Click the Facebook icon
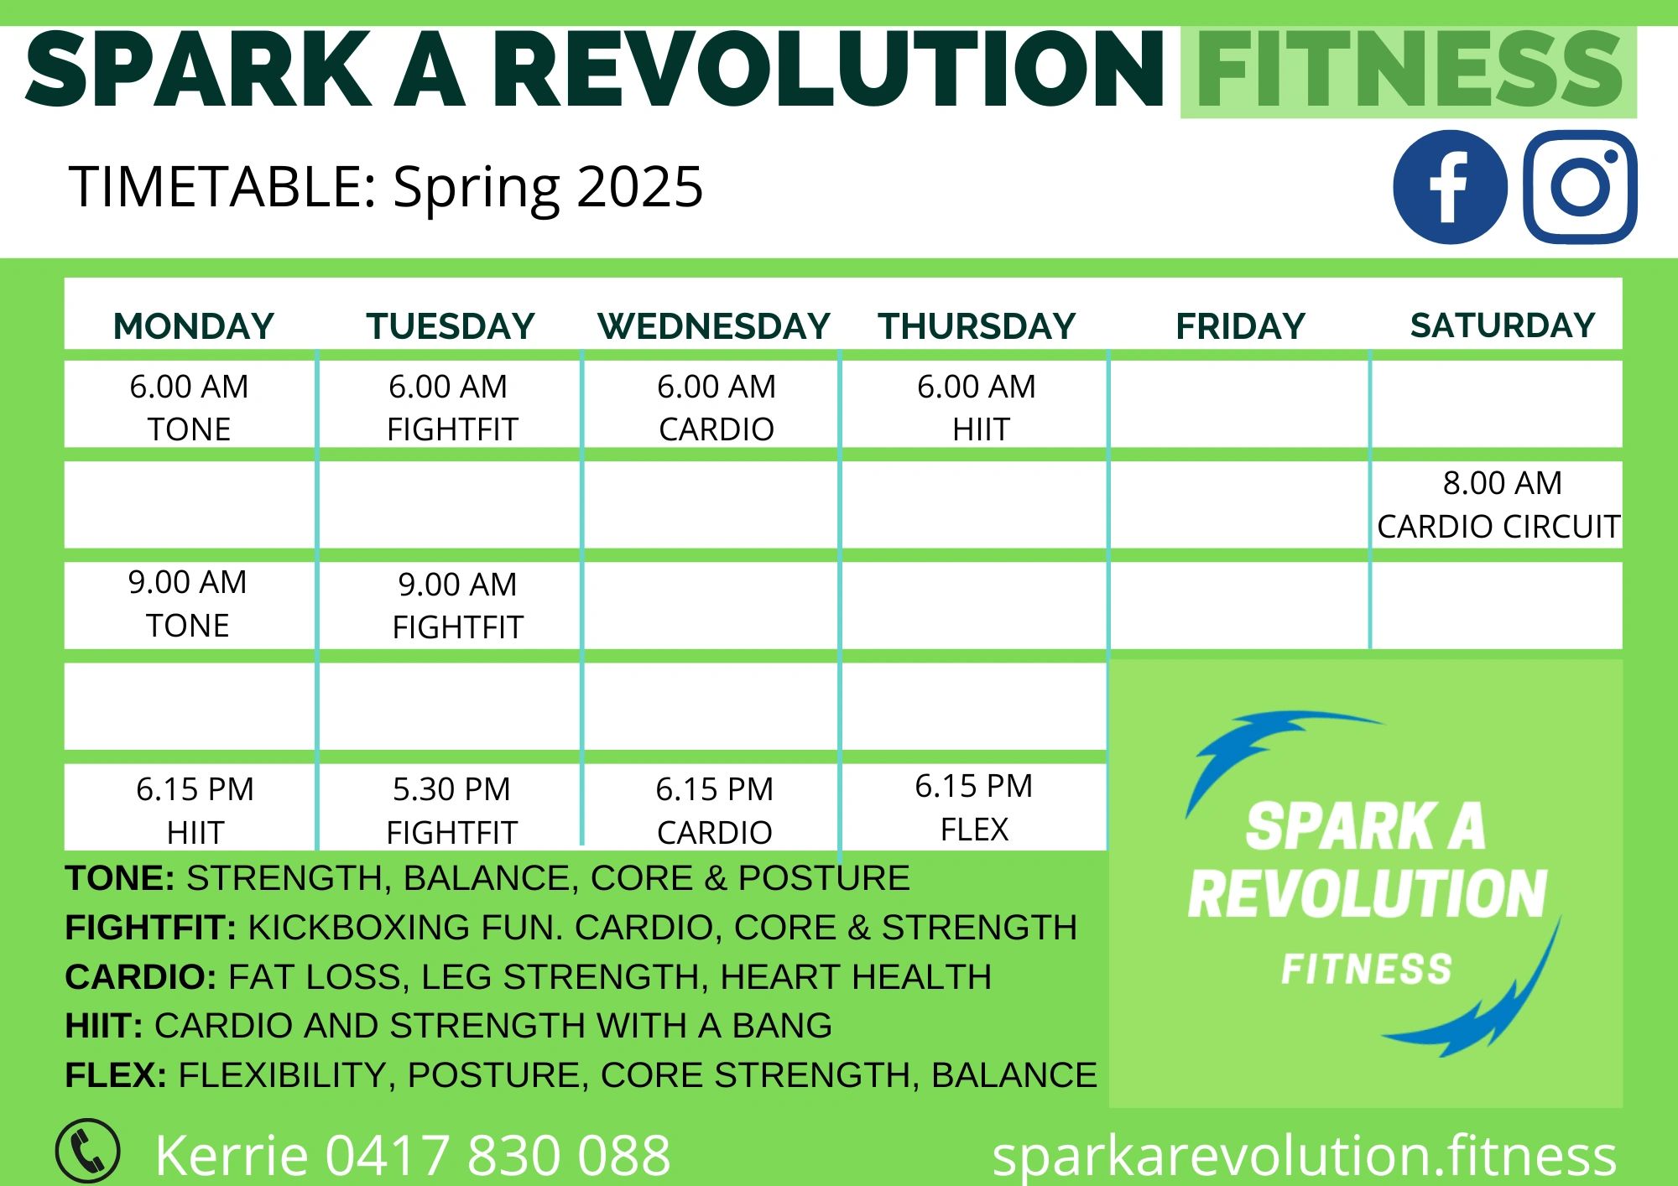click(1450, 187)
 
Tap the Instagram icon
click(1580, 187)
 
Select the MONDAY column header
click(194, 325)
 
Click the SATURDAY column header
click(1503, 325)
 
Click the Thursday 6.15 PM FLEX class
click(974, 808)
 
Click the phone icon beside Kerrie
click(87, 1151)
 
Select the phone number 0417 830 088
click(498, 1155)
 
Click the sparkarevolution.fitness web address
click(1304, 1155)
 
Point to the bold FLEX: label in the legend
click(116, 1075)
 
